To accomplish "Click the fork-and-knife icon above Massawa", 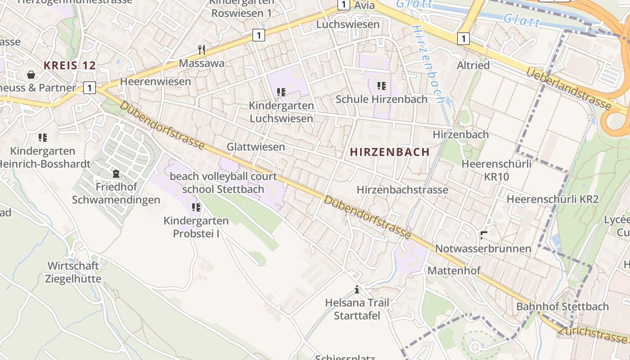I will tap(202, 49).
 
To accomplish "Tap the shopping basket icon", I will tap(31, 74).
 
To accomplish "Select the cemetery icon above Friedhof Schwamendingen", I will tap(116, 173).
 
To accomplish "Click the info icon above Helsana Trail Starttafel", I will tap(357, 289).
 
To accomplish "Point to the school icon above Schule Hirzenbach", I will tap(382, 85).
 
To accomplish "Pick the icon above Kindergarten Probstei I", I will tap(196, 207).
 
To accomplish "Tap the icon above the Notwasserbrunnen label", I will tap(484, 235).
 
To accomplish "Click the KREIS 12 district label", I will tap(70, 66).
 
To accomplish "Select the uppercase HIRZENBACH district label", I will tap(390, 152).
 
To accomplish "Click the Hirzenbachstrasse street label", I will tap(402, 190).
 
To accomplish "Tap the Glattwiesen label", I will tap(256, 147).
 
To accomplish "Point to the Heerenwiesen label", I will tap(155, 82).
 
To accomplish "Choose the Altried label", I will tap(473, 65).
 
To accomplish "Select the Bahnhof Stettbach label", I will tap(562, 307).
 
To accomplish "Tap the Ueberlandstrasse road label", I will tap(569, 89).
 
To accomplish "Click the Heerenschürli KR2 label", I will tap(553, 199).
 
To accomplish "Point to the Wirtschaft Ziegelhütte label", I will tap(73, 272).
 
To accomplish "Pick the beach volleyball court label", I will tap(223, 176).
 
